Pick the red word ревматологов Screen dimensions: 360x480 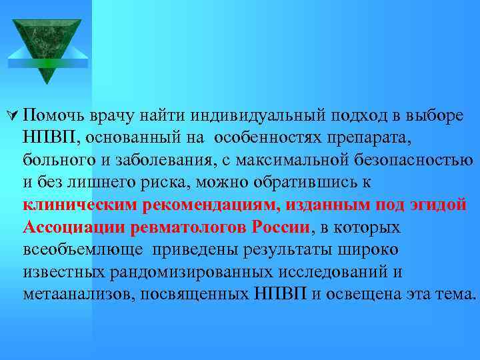(193, 227)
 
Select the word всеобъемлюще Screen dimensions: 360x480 (85, 250)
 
